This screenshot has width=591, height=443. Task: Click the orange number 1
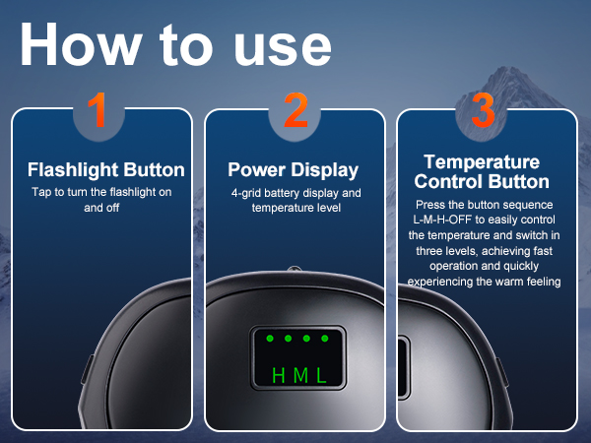[98, 110]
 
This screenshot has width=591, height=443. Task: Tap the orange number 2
[295, 110]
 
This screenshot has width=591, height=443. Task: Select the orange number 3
[483, 110]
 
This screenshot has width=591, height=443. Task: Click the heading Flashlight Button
[106, 170]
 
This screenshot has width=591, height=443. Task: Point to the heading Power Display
[293, 170]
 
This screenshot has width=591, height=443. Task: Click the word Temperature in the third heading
[482, 162]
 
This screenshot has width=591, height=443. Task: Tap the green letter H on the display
[278, 376]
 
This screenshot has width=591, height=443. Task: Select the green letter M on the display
[300, 376]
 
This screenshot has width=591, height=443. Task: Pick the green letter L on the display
[321, 376]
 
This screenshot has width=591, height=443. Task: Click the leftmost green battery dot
[270, 339]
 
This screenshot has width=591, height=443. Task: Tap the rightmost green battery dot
[325, 339]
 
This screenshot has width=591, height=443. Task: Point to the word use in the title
[283, 49]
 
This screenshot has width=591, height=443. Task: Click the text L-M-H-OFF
[442, 220]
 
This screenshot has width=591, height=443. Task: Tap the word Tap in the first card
[41, 193]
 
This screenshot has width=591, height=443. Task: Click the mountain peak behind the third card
[504, 70]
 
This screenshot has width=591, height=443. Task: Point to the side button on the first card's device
[88, 370]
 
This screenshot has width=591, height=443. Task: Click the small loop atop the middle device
[295, 269]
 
